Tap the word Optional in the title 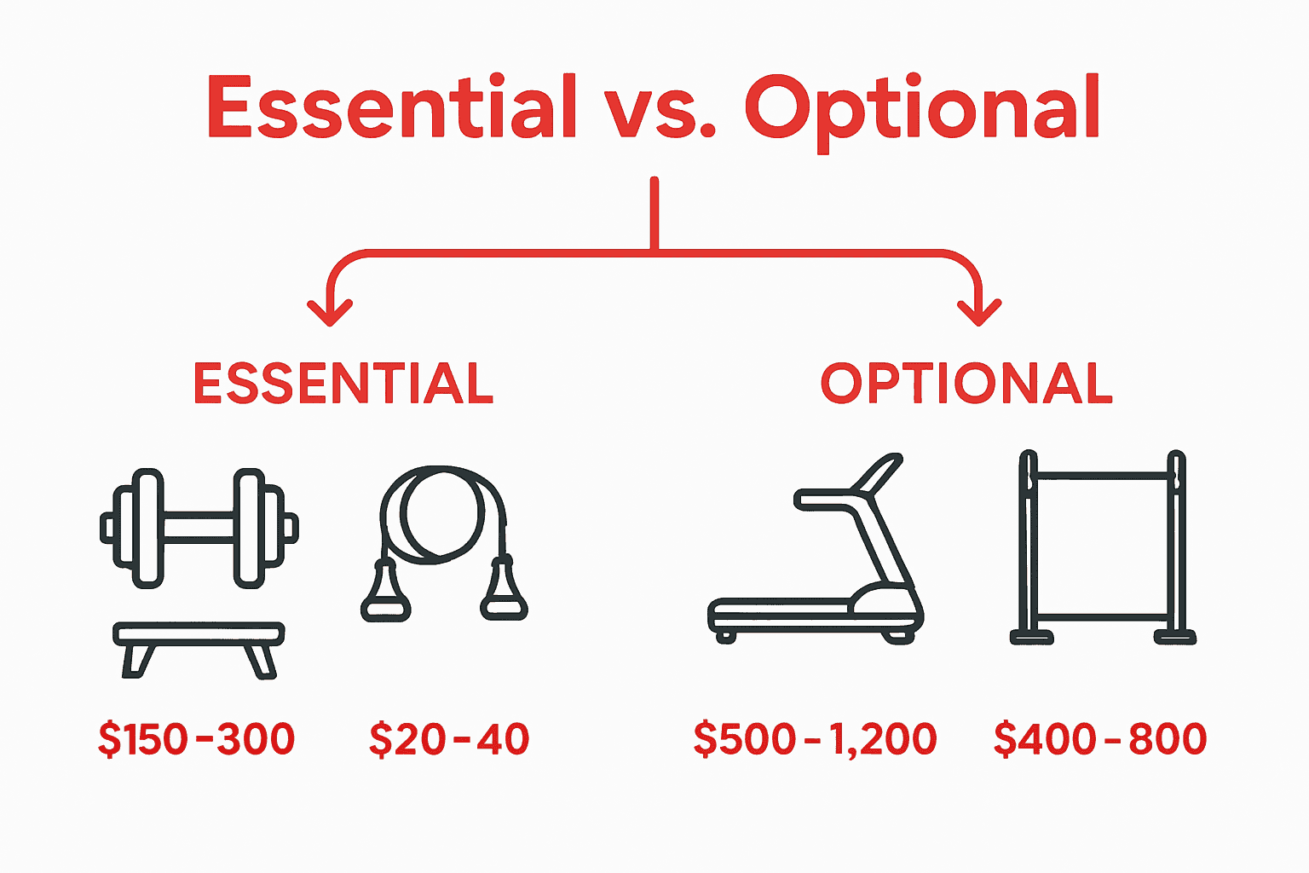(922, 109)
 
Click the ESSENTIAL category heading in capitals (343, 384)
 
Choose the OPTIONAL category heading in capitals (966, 384)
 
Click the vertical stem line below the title (654, 213)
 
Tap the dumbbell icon (199, 528)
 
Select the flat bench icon (199, 648)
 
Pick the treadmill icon (816, 554)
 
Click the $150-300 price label (197, 738)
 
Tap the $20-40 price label (449, 738)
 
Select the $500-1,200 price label (816, 738)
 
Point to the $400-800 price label (1100, 738)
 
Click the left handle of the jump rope (386, 590)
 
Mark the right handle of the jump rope (503, 590)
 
